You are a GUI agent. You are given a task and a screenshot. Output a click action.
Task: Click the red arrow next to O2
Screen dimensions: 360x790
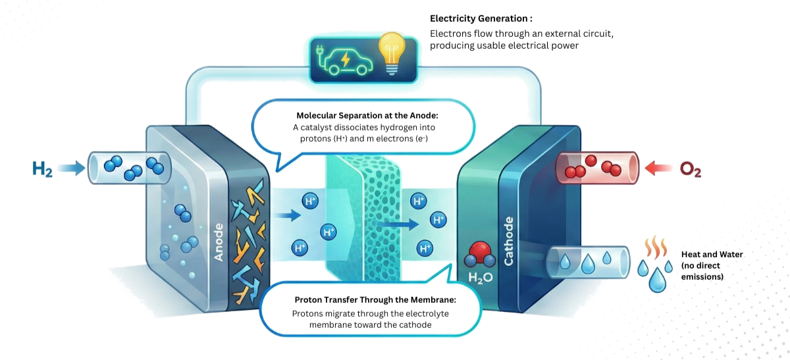pyautogui.click(x=659, y=168)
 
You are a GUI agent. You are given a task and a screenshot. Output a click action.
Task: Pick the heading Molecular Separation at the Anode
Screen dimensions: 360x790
pyautogui.click(x=363, y=115)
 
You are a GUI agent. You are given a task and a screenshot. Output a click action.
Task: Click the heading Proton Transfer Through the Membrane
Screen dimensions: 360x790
pyautogui.click(x=365, y=300)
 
